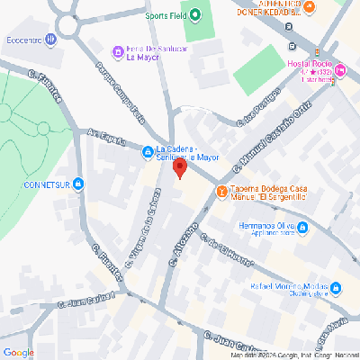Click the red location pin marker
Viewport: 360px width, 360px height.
click(x=179, y=167)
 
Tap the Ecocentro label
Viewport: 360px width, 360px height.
click(x=22, y=39)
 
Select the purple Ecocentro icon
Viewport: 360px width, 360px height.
click(x=51, y=39)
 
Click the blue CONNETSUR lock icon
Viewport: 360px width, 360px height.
click(x=79, y=186)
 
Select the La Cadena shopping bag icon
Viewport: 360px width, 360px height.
click(x=147, y=150)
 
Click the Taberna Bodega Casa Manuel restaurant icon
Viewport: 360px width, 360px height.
click(x=221, y=191)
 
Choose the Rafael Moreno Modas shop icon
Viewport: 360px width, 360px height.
click(x=335, y=288)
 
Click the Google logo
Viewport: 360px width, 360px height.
click(x=19, y=352)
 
